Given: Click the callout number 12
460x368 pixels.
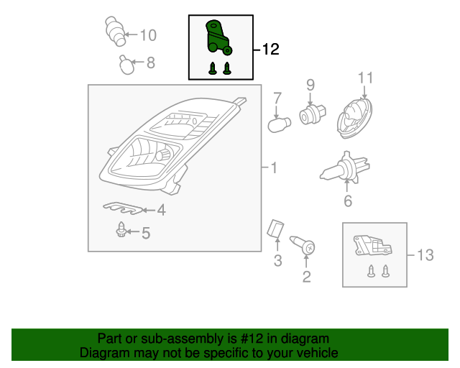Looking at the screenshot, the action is click(270, 50).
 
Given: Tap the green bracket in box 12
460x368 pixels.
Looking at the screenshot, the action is click(217, 37).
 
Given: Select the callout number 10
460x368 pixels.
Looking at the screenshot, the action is click(148, 35).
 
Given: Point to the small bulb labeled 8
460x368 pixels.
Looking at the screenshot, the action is click(126, 65).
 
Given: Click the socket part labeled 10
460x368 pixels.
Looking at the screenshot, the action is click(115, 31).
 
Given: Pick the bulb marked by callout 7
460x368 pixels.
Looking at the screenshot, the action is click(279, 125).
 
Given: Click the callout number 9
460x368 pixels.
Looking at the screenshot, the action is click(310, 85).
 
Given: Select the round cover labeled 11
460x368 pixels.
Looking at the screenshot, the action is click(354, 118).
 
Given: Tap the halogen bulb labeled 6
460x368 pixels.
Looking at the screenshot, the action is click(345, 168).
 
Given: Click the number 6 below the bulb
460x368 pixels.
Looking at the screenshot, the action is click(348, 201).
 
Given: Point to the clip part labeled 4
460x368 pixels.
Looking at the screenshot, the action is click(123, 208).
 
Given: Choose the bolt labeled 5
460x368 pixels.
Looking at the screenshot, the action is click(121, 229).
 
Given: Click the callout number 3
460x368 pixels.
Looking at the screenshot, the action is click(277, 261).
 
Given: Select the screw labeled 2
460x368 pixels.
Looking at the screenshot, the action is click(303, 245).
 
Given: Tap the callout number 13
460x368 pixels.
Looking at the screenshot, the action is click(425, 255).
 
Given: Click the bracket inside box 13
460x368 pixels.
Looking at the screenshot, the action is click(372, 245).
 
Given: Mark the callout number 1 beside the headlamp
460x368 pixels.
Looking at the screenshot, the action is click(274, 168).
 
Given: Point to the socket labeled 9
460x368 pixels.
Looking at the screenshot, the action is click(313, 114).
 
